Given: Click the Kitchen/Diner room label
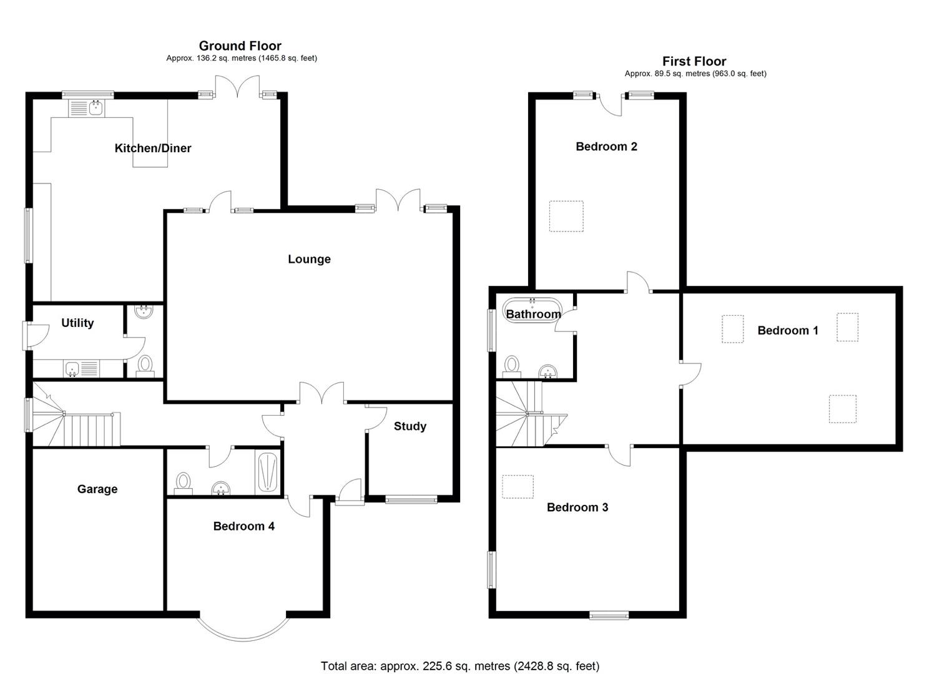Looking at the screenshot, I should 153,148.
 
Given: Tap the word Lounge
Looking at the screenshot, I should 309,259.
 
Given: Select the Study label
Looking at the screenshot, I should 410,426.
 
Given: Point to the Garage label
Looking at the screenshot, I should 97,489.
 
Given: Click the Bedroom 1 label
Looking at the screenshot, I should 787,330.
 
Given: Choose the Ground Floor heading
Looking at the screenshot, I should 240,46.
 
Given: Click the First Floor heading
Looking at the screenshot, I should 694,61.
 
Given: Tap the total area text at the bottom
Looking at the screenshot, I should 459,666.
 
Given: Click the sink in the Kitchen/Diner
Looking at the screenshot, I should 96,108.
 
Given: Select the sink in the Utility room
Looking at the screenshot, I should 72,369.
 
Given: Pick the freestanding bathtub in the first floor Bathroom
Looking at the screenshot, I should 532,310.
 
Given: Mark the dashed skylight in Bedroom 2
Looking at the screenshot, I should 566,216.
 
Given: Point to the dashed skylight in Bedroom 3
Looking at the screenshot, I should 517,486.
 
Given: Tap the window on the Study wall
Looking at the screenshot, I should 411,499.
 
